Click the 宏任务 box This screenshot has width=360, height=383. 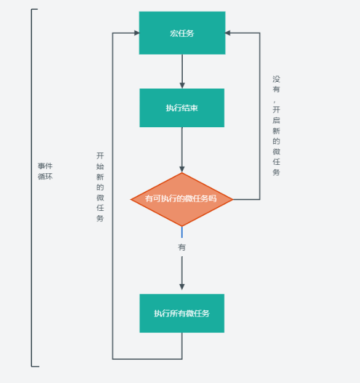[x=182, y=33]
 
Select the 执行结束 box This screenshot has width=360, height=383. [x=182, y=108]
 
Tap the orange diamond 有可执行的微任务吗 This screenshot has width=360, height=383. [x=182, y=199]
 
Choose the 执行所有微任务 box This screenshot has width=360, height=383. [x=182, y=313]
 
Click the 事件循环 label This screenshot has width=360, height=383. [x=45, y=171]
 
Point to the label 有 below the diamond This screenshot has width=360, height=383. [x=182, y=247]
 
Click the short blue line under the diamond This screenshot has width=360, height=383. [x=182, y=232]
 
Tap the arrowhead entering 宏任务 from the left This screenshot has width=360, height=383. [x=137, y=33]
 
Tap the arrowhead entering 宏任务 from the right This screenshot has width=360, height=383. [x=228, y=33]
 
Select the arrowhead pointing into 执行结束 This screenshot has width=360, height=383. [x=182, y=85]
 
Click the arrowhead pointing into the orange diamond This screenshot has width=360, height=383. [x=182, y=170]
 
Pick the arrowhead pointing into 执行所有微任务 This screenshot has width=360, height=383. [x=182, y=287]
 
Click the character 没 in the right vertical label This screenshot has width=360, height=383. [x=276, y=79]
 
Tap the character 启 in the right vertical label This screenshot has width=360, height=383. [x=276, y=120]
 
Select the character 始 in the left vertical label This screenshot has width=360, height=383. [x=100, y=167]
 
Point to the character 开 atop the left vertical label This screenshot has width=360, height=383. [x=100, y=156]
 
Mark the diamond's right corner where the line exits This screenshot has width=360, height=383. [x=233, y=199]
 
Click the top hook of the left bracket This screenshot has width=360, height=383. [x=34, y=9]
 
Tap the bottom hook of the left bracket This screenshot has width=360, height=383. [x=35, y=366]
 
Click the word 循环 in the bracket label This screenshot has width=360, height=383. [x=45, y=176]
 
